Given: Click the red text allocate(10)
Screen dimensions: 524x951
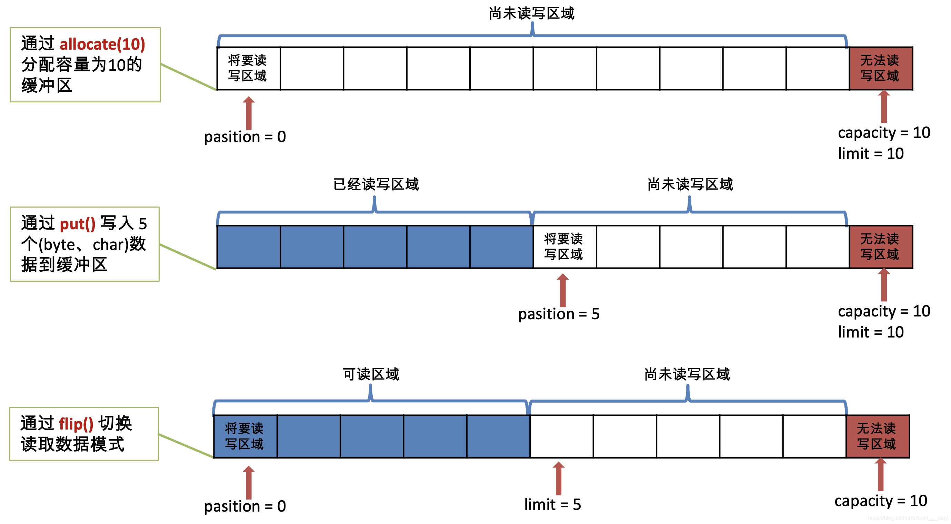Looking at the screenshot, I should (x=102, y=44).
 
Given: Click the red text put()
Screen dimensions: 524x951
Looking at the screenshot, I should (x=78, y=224).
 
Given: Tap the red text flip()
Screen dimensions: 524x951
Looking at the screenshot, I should (x=76, y=424).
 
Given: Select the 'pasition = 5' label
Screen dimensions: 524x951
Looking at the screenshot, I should (x=559, y=314).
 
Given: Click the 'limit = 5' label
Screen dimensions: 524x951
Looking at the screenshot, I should (x=552, y=504).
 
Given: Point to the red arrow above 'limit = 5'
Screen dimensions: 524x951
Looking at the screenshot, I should (x=559, y=478).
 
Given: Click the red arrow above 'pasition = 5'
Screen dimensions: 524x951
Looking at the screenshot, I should (x=563, y=291).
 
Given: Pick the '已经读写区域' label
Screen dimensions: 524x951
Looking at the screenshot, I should (x=376, y=184).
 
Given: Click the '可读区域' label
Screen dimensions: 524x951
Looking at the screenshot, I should (x=371, y=374).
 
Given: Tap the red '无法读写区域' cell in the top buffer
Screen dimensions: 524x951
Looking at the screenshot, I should (x=881, y=68).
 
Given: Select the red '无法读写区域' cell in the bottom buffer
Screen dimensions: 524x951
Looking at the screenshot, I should (x=878, y=436).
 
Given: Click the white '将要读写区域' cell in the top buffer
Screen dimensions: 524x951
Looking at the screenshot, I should (x=248, y=68).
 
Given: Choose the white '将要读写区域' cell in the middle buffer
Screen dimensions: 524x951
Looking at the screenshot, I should (x=564, y=247).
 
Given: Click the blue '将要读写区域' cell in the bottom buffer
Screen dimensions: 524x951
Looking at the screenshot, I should (x=245, y=436).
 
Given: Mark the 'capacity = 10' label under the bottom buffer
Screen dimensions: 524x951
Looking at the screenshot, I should (x=881, y=501).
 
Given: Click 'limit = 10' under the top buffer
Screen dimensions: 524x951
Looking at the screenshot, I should (x=871, y=153).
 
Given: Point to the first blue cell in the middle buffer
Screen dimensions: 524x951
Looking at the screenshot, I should (x=248, y=247).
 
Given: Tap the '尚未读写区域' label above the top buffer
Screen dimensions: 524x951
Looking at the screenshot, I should (x=531, y=14).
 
